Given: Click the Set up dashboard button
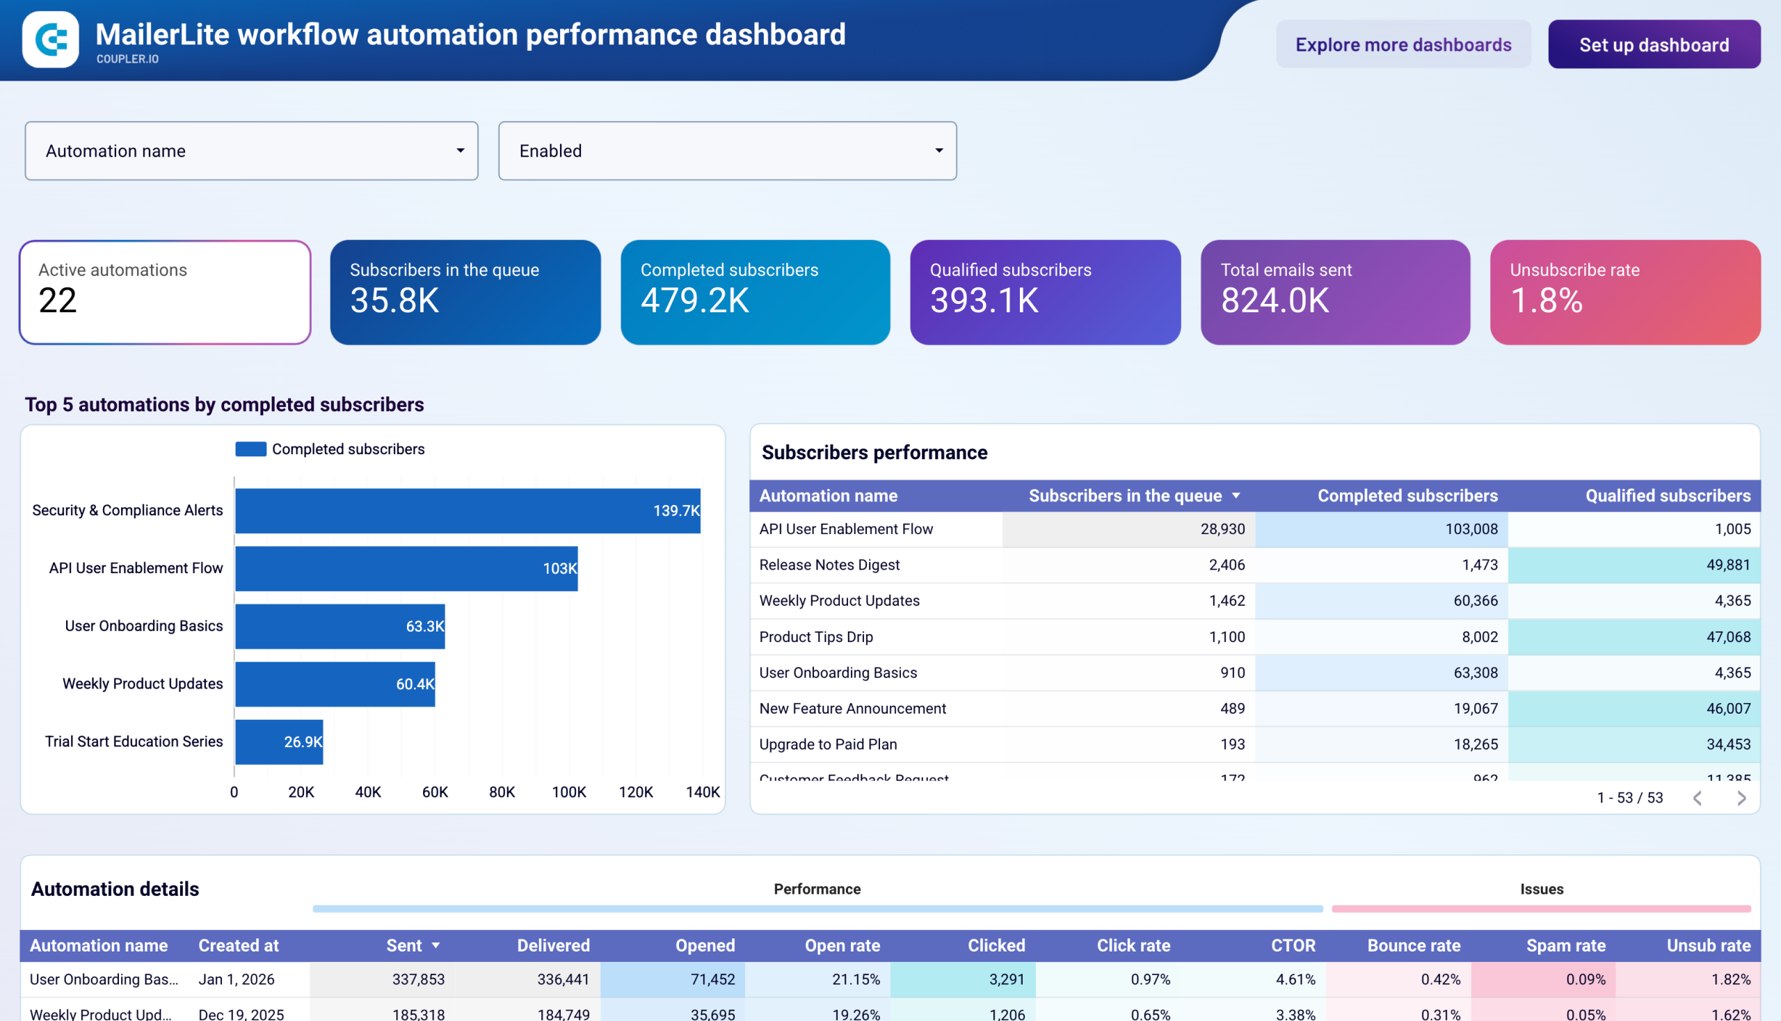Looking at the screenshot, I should pos(1653,45).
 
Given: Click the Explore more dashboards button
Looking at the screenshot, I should pos(1403,45).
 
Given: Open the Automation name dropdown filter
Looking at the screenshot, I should pos(251,151).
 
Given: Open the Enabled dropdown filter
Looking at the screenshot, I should pos(727,151).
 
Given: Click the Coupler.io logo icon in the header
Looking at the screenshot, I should pos(51,39).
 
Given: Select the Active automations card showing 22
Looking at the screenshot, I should pos(165,291).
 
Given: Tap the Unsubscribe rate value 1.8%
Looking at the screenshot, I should pos(1546,301).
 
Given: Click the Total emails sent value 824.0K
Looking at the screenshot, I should pos(1275,301).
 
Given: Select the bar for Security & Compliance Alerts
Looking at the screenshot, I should pos(468,510).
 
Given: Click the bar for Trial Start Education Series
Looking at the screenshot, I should pos(278,741).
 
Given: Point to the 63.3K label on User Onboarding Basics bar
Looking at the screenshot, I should pos(424,626).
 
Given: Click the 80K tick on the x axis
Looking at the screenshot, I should pos(502,791).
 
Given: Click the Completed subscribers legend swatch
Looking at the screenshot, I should pos(250,449).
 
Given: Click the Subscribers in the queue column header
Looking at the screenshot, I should pos(1124,496).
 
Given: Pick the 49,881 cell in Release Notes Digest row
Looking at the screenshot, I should pos(1727,565).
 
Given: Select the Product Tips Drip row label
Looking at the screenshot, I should pos(816,636).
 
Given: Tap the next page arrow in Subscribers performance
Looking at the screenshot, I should pos(1741,798).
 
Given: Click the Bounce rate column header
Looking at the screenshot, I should pos(1414,945).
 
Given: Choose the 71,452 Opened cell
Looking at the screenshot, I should pos(712,979).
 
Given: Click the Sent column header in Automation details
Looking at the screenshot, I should pos(404,945).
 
